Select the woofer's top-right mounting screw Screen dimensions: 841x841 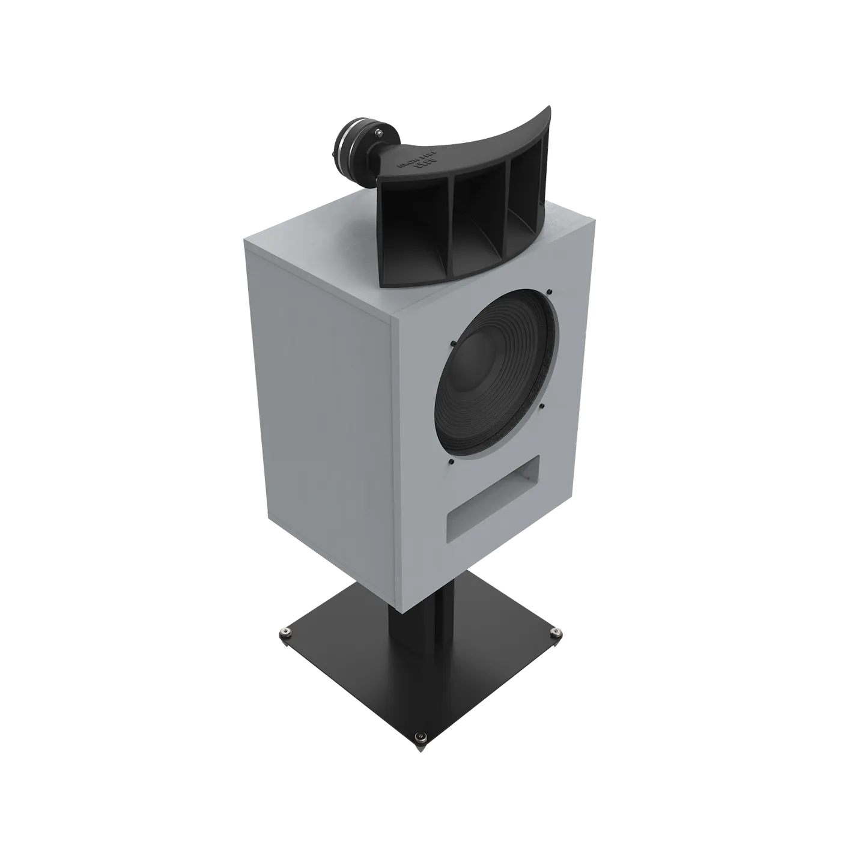(549, 293)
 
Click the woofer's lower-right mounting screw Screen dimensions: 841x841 (542, 405)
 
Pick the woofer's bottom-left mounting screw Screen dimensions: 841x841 (451, 461)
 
